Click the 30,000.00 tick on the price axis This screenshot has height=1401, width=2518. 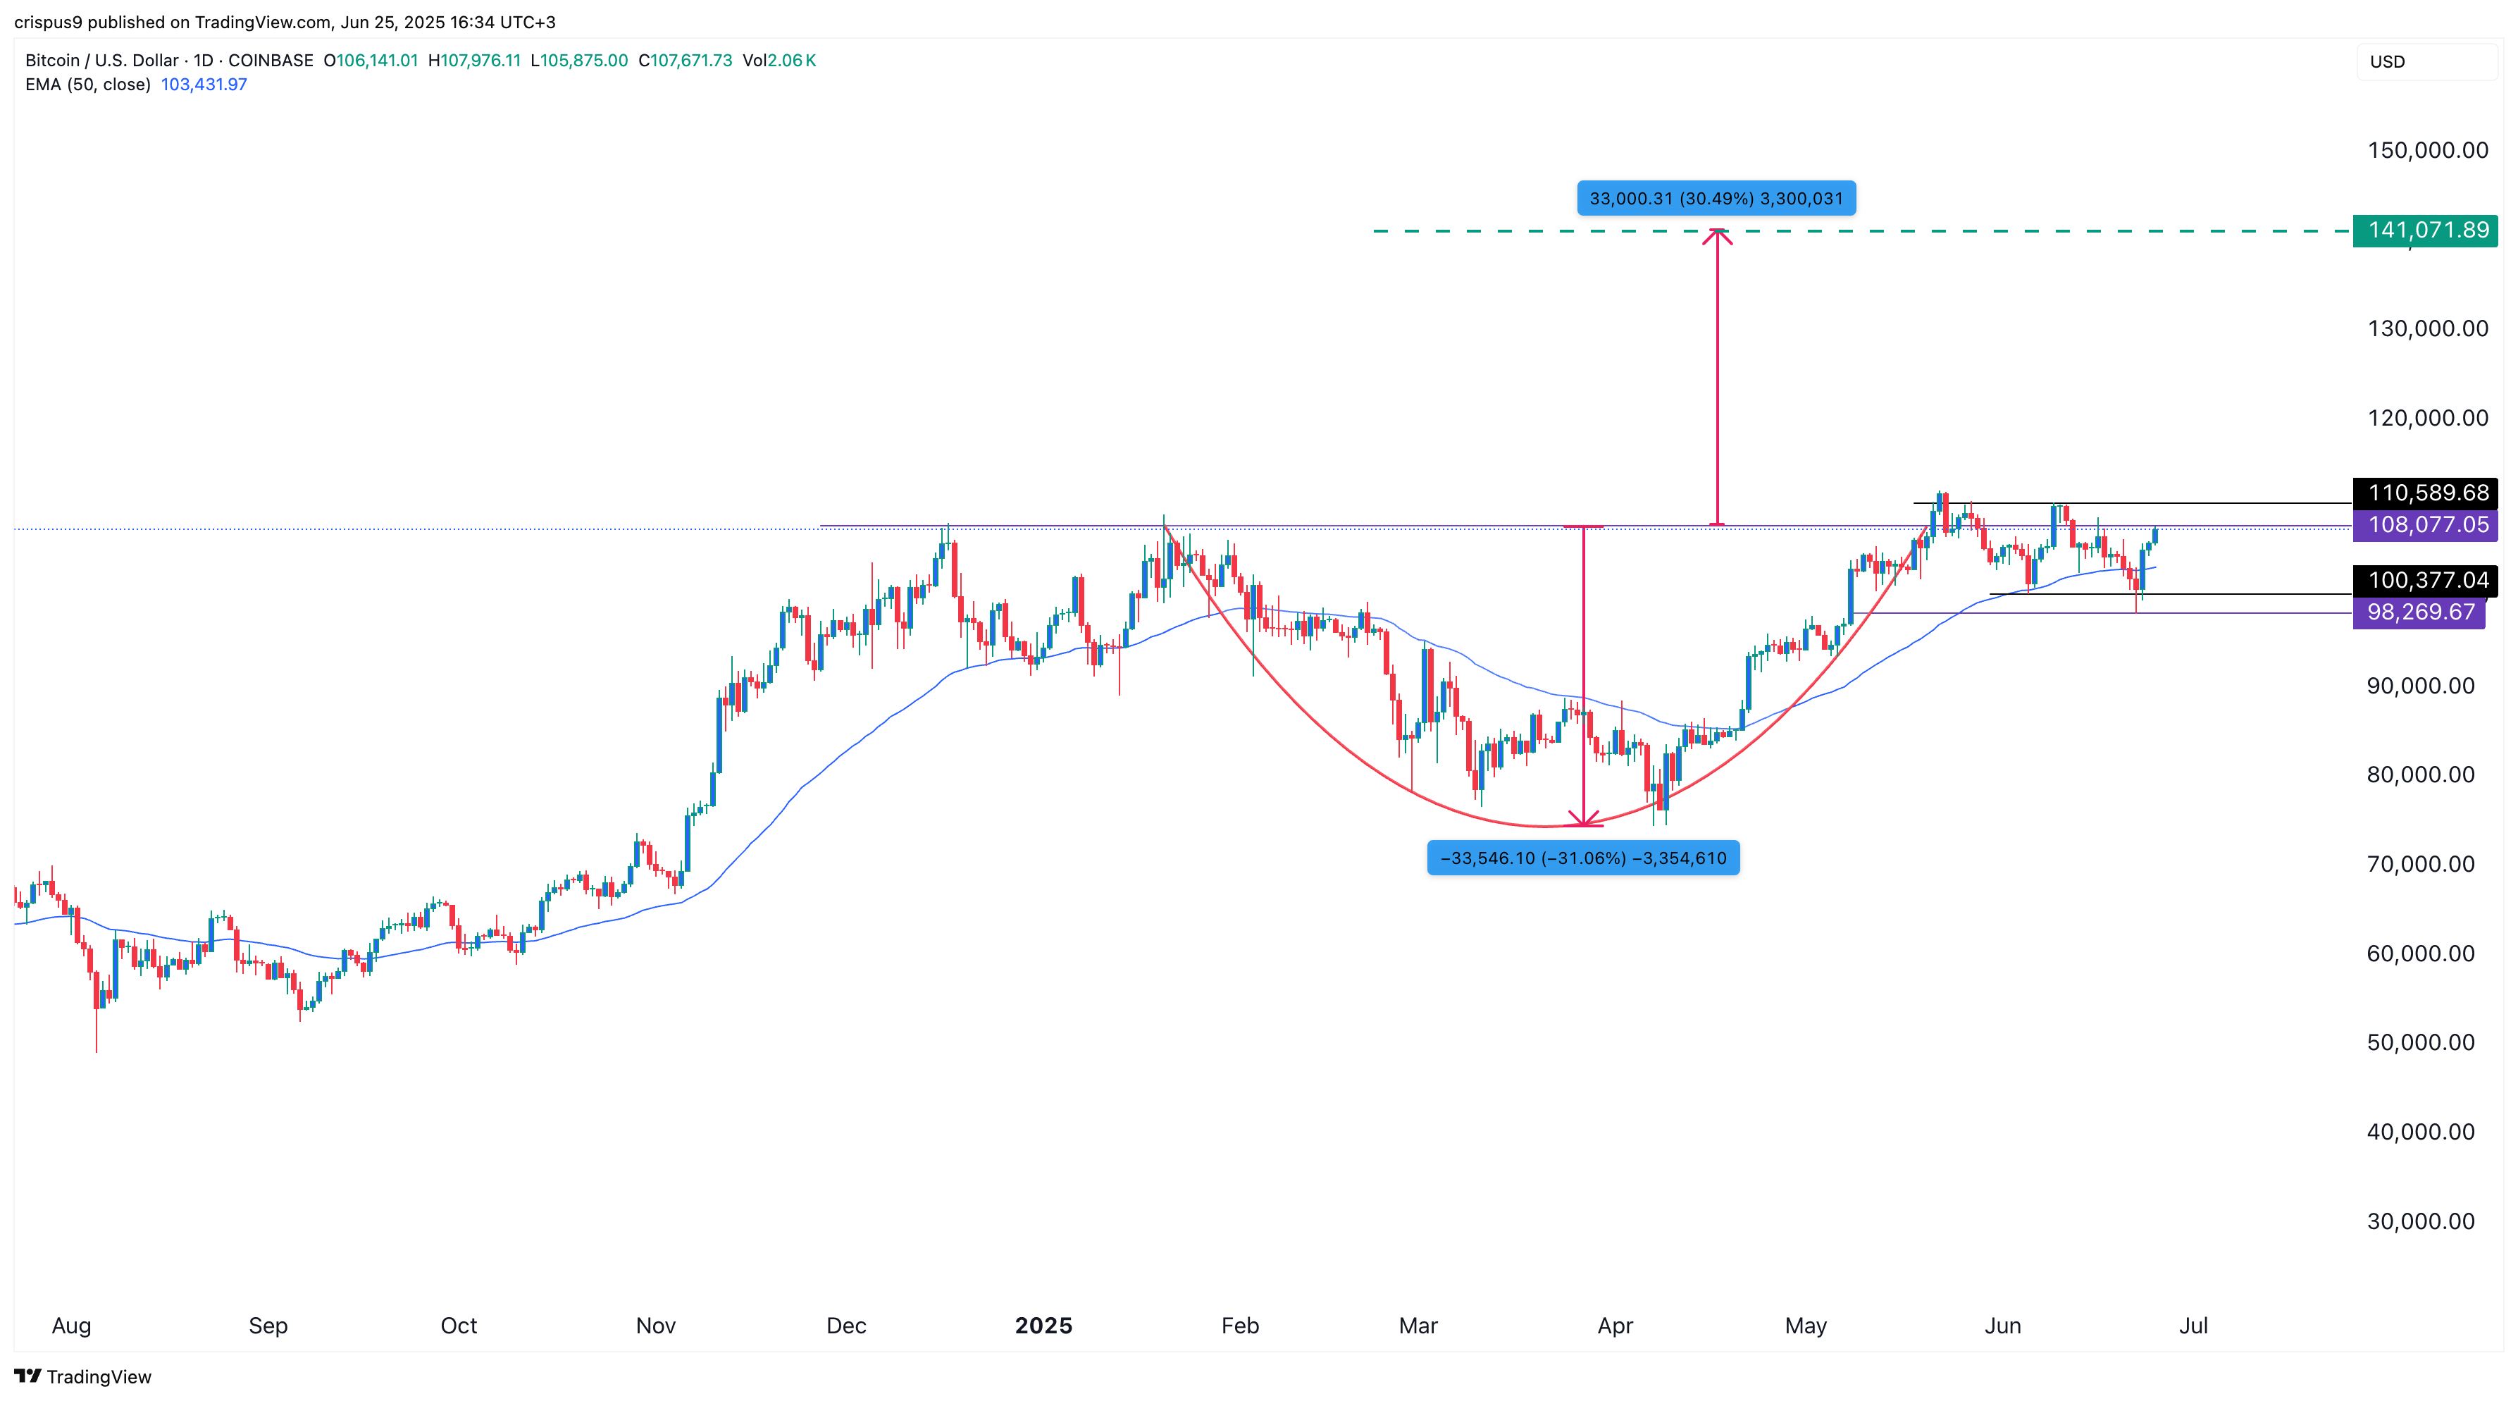pos(2420,1221)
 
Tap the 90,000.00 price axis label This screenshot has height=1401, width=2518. pos(2420,685)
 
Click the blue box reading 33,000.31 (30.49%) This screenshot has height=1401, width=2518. pos(1716,199)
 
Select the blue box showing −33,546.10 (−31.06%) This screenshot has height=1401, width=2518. pos(1582,858)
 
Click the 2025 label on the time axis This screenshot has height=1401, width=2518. pos(1043,1326)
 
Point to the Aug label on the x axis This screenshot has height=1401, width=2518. pos(71,1326)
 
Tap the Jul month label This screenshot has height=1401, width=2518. pos(2193,1326)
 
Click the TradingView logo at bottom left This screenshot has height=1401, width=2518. pos(83,1376)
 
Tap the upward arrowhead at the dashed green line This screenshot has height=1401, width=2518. pos(1718,235)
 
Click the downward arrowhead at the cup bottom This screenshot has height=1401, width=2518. pos(1584,820)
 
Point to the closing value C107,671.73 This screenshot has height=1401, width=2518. pos(686,61)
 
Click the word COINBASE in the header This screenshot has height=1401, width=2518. pos(271,61)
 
